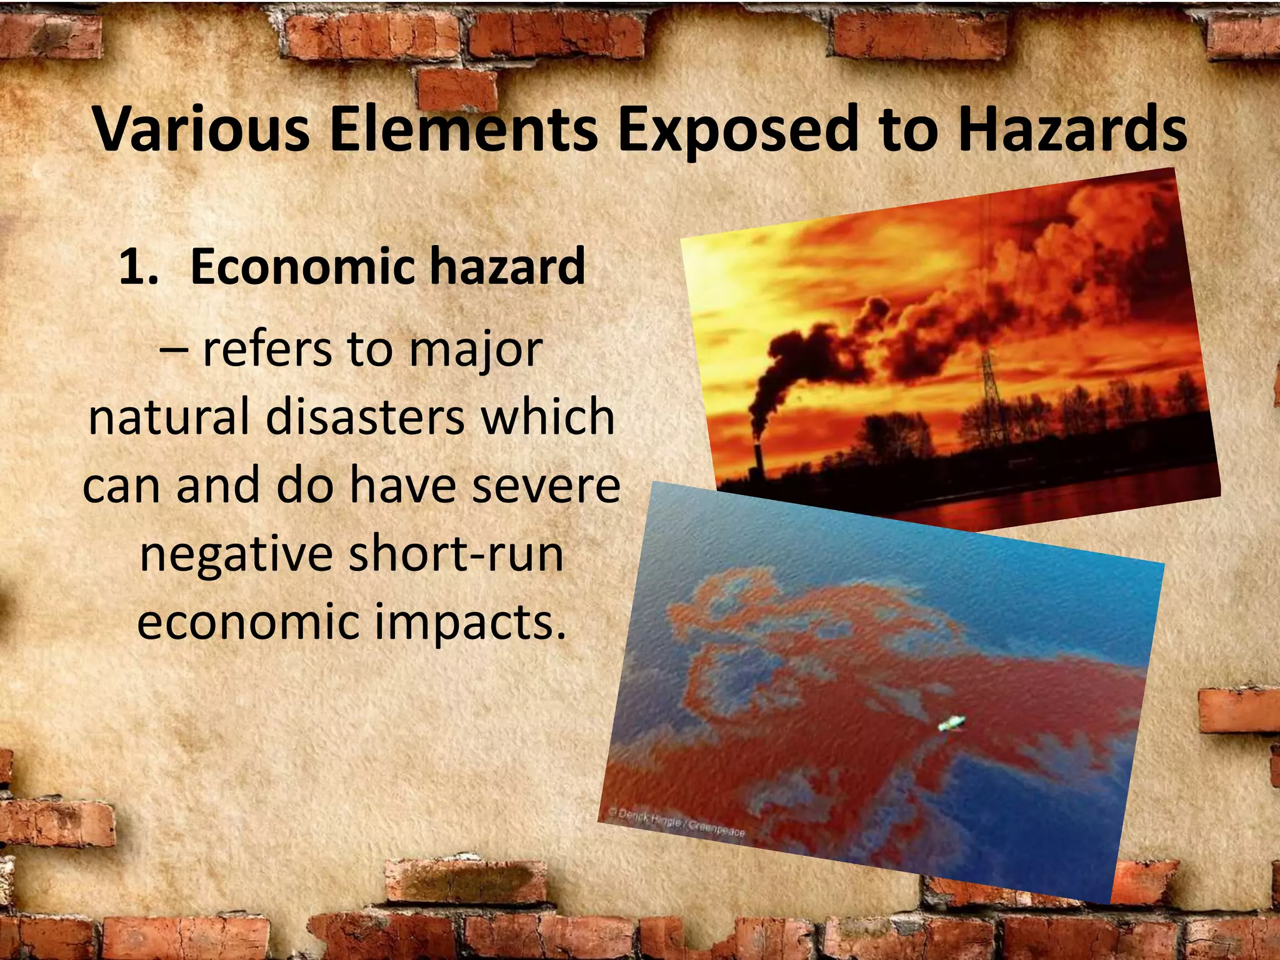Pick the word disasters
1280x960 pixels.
(x=365, y=417)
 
